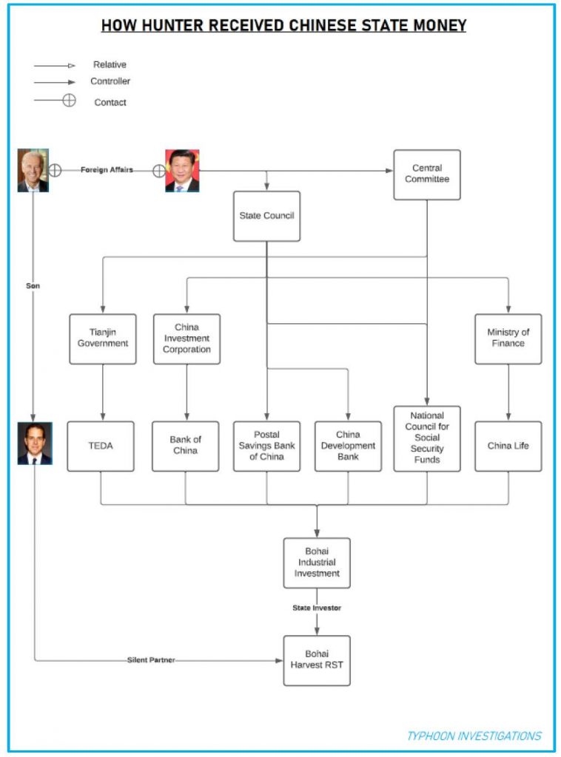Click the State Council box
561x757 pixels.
(266, 216)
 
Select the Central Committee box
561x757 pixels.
(426, 174)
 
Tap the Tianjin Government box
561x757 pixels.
(102, 339)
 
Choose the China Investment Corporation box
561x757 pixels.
(187, 339)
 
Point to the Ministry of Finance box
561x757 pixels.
(508, 339)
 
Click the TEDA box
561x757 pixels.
(101, 446)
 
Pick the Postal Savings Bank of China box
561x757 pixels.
(266, 446)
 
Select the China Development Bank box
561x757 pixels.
(348, 446)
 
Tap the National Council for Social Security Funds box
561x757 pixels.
(426, 438)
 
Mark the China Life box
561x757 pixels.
(508, 446)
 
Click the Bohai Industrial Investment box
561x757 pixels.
(317, 563)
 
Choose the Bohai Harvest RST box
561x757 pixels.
(317, 659)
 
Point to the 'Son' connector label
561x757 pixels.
(33, 285)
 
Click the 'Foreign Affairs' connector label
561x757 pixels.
(107, 170)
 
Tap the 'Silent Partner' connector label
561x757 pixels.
(151, 659)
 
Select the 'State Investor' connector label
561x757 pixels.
(317, 608)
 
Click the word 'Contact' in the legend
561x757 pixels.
(110, 103)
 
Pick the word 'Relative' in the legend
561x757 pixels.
(110, 65)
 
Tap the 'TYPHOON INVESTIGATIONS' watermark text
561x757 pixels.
(474, 736)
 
